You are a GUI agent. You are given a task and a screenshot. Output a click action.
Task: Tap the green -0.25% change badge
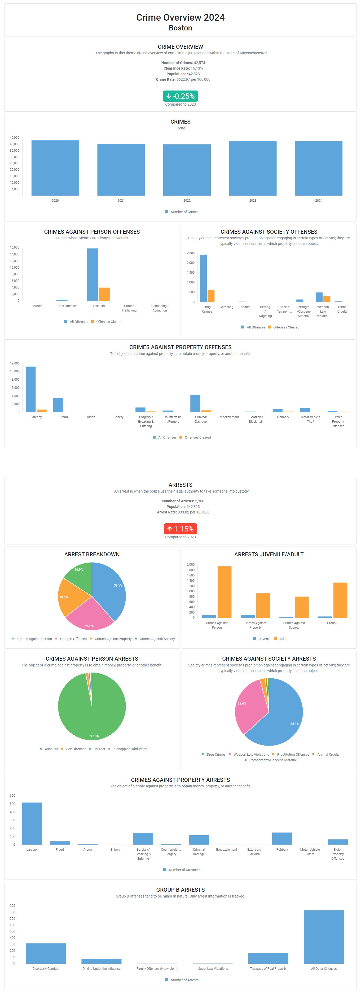click(180, 96)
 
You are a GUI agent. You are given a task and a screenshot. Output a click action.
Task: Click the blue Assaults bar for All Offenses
click(92, 274)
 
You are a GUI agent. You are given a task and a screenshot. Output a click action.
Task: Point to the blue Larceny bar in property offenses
click(30, 389)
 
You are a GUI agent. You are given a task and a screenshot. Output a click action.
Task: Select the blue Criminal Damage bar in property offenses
click(195, 403)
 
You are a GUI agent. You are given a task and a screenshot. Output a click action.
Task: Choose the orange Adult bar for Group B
click(340, 600)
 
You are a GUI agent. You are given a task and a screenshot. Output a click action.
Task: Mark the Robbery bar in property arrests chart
click(282, 838)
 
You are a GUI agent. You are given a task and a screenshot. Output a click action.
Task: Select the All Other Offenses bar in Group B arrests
click(324, 936)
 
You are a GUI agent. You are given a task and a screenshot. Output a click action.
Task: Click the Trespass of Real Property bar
click(268, 958)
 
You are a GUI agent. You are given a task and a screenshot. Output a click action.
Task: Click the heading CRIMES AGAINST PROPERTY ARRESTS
click(180, 780)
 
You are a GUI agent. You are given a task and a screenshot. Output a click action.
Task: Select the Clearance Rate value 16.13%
click(197, 69)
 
